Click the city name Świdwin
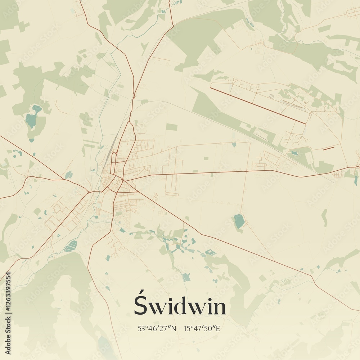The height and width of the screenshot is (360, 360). coord(180,306)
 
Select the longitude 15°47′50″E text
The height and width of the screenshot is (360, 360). coord(202,329)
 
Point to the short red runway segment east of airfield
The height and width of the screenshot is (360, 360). coord(328,148)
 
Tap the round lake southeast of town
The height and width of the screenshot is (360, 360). coord(239,221)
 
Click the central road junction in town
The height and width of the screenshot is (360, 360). coord(122,180)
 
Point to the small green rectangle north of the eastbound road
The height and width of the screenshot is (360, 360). coord(172,127)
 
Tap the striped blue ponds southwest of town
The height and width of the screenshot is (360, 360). coord(71,246)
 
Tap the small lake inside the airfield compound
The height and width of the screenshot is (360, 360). coord(295,153)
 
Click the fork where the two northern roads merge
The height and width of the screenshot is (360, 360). coord(134,96)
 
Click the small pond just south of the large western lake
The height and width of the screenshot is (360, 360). coord(32,140)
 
